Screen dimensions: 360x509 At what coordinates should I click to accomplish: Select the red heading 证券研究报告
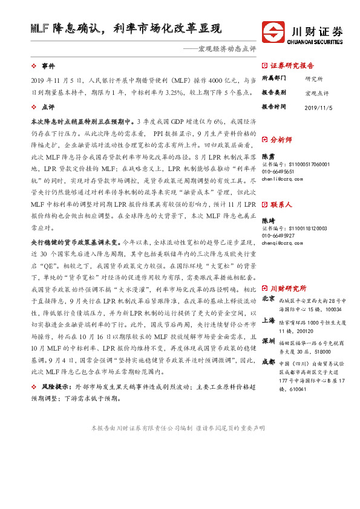pyautogui.click(x=292, y=65)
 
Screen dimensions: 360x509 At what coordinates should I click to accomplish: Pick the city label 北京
pyautogui.click(x=269, y=299)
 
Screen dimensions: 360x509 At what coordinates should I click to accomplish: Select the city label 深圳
pyautogui.click(x=269, y=341)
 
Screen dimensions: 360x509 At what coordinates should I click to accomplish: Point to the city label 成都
pyautogui.click(x=269, y=362)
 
